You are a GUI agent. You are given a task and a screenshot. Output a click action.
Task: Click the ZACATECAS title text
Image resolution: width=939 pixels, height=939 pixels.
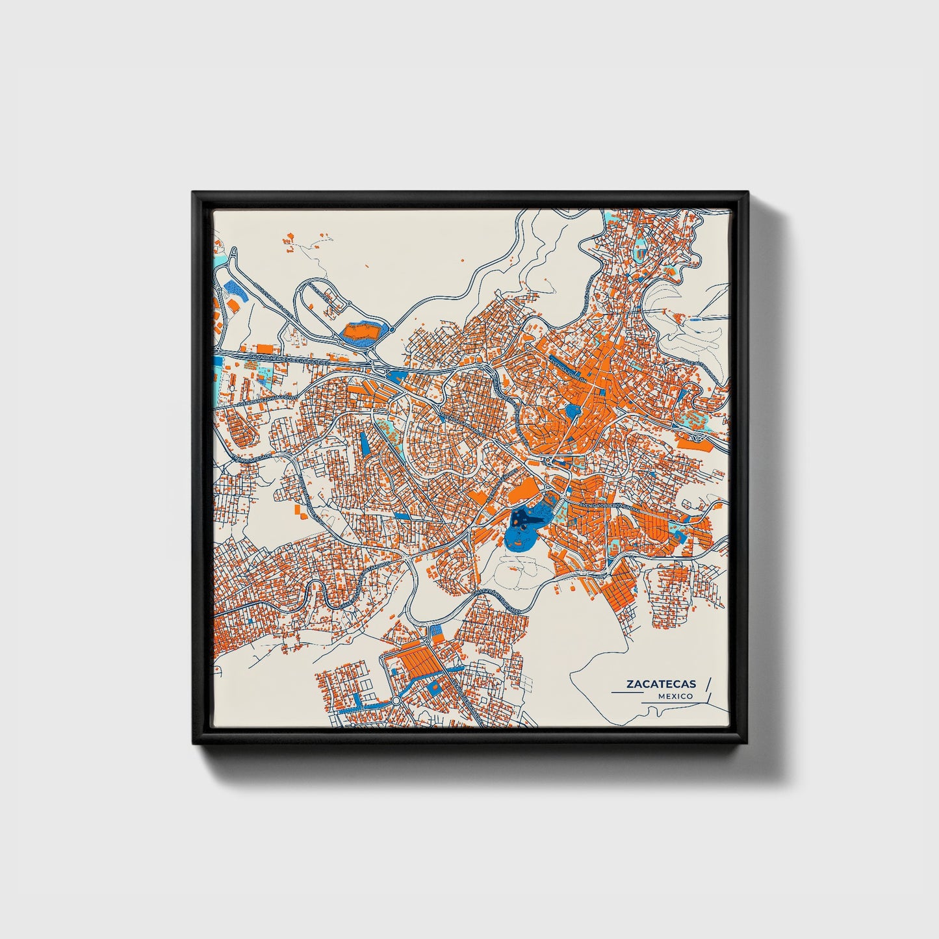point(661,684)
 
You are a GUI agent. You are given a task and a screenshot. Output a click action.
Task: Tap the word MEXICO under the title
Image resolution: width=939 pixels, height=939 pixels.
point(675,696)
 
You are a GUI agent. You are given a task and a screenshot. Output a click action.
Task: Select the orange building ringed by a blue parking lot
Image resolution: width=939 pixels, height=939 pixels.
point(363,332)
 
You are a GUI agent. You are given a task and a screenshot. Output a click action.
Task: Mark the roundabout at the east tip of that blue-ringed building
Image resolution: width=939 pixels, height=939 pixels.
point(392,329)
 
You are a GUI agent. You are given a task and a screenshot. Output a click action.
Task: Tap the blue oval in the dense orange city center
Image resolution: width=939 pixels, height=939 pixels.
point(572,411)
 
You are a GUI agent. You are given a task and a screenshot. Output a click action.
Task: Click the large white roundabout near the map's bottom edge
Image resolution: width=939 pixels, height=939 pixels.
point(395,702)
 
